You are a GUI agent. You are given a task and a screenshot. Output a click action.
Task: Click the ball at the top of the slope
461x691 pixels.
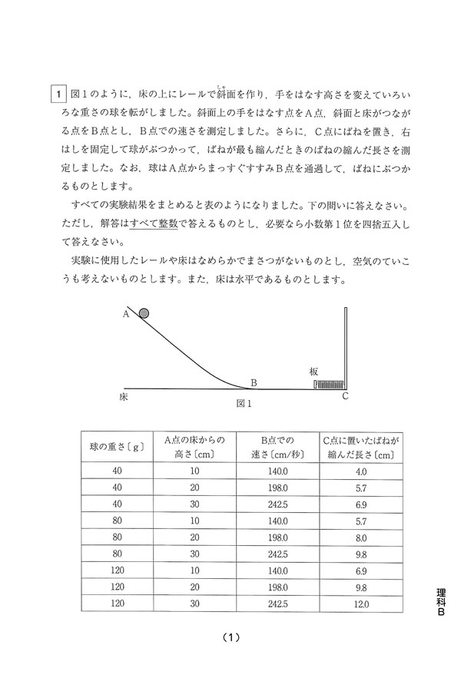pyautogui.click(x=144, y=312)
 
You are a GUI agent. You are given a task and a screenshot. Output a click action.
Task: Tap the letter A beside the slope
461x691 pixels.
pyautogui.click(x=125, y=313)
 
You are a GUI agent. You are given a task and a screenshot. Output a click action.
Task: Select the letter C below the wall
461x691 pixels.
pyautogui.click(x=346, y=397)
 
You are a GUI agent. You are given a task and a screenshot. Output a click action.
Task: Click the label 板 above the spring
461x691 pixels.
pyautogui.click(x=313, y=370)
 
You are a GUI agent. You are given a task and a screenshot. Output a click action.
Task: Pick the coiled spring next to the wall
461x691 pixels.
pyautogui.click(x=330, y=384)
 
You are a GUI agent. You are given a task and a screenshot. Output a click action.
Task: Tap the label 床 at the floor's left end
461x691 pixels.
pyautogui.click(x=124, y=398)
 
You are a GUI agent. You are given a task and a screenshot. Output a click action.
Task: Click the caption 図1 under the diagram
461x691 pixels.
pyautogui.click(x=245, y=403)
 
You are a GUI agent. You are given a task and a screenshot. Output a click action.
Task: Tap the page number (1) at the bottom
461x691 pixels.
pyautogui.click(x=231, y=637)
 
